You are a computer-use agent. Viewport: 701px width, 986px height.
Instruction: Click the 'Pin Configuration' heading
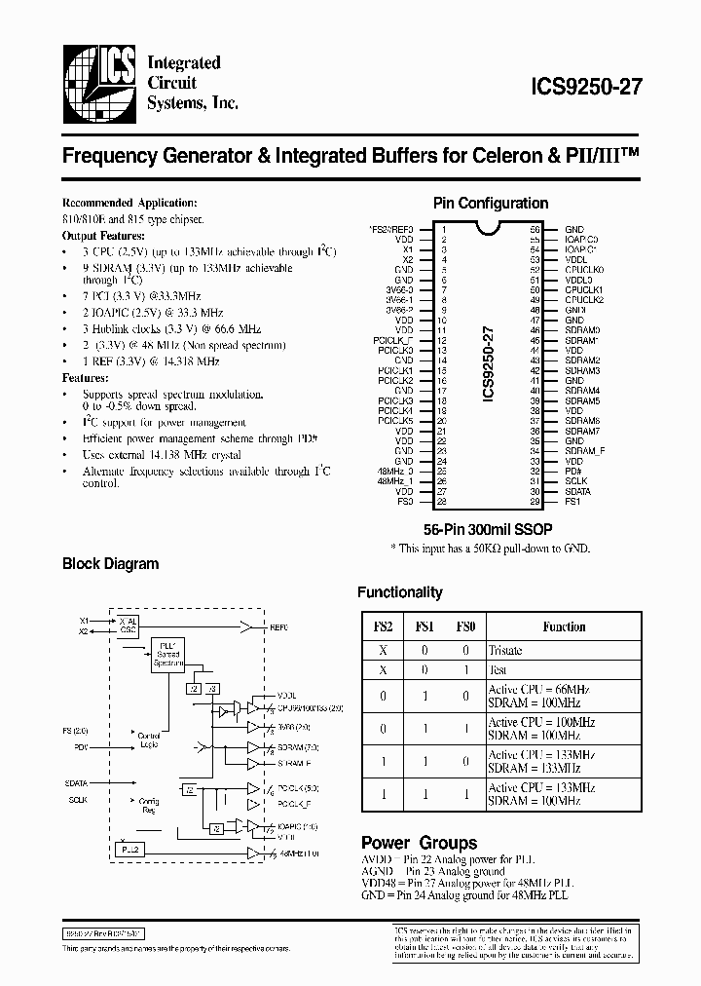(x=490, y=204)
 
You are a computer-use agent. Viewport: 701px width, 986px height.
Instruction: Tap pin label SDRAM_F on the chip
(x=584, y=451)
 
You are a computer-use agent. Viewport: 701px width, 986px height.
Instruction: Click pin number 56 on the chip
(x=535, y=228)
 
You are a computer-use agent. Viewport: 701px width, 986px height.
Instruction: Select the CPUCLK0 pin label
(x=585, y=269)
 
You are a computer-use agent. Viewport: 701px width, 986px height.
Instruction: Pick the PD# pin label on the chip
(x=574, y=472)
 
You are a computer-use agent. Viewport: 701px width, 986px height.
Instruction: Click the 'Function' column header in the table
(x=564, y=626)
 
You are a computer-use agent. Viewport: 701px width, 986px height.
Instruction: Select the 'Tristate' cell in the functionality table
(x=505, y=650)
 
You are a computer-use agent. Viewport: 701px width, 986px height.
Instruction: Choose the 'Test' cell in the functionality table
(x=498, y=670)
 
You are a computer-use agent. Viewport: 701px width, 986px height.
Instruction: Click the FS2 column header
(x=383, y=626)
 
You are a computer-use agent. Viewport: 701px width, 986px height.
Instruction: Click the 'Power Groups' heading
(x=419, y=843)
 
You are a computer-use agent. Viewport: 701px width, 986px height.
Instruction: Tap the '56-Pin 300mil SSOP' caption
(x=489, y=530)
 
